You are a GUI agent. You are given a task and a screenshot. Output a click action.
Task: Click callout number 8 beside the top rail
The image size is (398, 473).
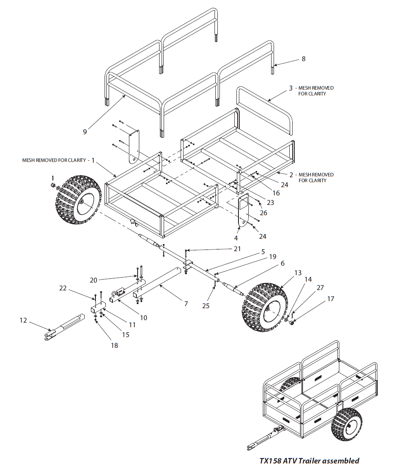[x=303, y=59]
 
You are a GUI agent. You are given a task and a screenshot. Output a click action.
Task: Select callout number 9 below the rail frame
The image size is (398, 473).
[x=85, y=132]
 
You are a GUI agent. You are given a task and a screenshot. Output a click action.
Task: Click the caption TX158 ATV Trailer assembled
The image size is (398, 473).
[x=309, y=461]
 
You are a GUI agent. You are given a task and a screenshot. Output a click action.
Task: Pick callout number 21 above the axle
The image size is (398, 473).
[x=237, y=249]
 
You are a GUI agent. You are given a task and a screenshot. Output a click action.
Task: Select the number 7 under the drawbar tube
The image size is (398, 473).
[x=186, y=304]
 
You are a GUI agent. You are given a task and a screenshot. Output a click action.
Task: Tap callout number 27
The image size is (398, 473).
[x=320, y=288]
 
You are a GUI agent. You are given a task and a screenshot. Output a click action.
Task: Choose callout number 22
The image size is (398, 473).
[x=63, y=288]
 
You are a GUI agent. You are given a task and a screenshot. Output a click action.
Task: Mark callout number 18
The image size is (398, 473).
[x=114, y=345]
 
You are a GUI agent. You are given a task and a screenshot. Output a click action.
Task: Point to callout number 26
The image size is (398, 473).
[x=263, y=213]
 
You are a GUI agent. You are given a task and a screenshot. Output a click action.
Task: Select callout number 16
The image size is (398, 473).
[x=276, y=193]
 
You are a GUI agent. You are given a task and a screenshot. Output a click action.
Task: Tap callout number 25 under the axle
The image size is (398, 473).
[x=206, y=306]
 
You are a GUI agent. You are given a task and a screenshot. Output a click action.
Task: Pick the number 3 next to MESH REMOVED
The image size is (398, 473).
[x=291, y=88]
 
